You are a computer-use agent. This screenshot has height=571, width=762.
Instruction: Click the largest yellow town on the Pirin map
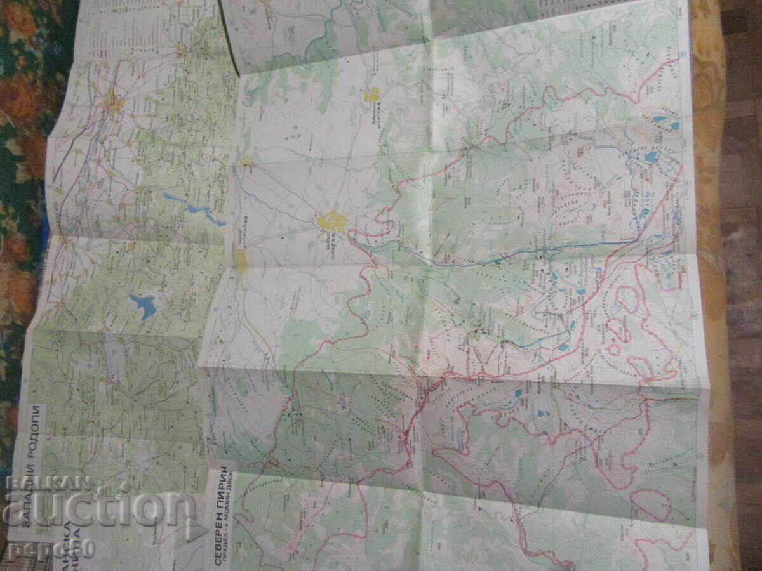331,222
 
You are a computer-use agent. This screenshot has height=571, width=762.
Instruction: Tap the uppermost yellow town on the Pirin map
371,95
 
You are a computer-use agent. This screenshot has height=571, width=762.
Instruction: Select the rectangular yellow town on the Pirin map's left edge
241,260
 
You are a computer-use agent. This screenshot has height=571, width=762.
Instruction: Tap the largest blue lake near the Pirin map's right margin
650,156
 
